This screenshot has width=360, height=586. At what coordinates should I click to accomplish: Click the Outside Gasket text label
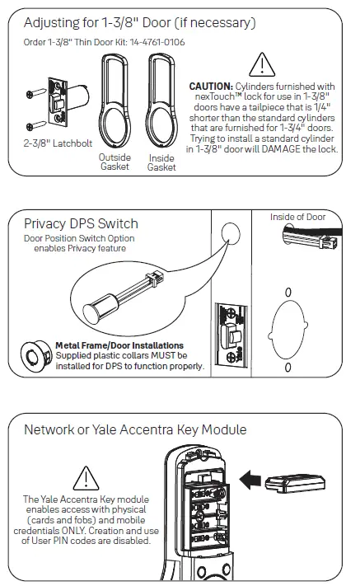pyautogui.click(x=115, y=162)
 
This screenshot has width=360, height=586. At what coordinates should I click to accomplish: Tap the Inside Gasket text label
pyautogui.click(x=161, y=162)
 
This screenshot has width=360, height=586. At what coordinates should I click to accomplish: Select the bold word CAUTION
pyautogui.click(x=211, y=86)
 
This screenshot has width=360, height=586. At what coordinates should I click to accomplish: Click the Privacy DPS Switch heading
pyautogui.click(x=81, y=223)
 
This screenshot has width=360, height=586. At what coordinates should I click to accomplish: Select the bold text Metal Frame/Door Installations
pyautogui.click(x=119, y=345)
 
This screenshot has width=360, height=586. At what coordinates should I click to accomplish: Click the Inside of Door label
pyautogui.click(x=298, y=217)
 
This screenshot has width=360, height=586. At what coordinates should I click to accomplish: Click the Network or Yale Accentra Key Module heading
pyautogui.click(x=135, y=429)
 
